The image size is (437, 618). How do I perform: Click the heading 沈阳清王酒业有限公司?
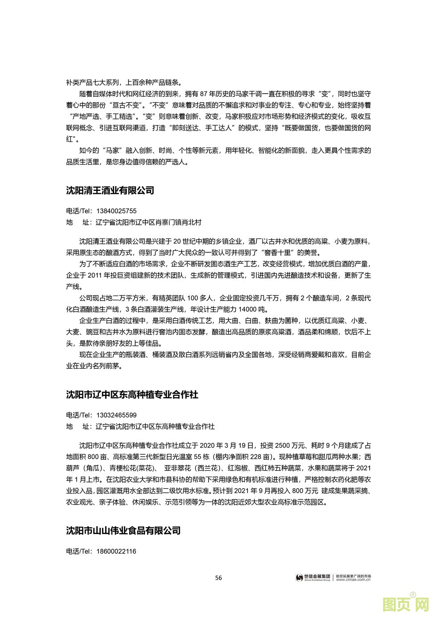click(x=110, y=190)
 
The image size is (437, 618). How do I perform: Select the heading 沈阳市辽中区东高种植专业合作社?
click(x=132, y=395)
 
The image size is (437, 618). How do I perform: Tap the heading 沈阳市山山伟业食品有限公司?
click(x=124, y=531)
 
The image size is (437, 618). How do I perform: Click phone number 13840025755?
click(x=116, y=211)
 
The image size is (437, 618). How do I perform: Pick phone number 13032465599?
click(x=116, y=415)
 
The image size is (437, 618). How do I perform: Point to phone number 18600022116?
click(x=116, y=551)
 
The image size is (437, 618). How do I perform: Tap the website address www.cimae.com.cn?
click(x=353, y=580)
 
